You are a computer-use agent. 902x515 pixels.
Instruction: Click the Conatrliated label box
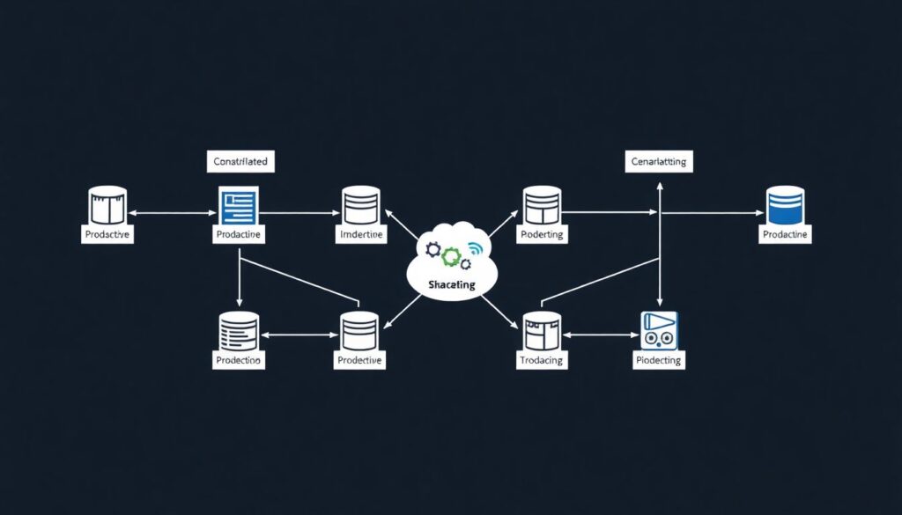240,161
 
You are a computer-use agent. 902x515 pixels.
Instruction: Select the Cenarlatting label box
660,162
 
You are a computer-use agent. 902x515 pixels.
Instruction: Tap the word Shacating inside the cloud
451,284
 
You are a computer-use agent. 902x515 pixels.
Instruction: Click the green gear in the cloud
452,256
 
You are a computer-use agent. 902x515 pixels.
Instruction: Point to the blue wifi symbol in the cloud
476,248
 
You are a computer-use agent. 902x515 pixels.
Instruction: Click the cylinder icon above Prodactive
108,205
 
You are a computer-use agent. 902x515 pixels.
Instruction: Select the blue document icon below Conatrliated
238,207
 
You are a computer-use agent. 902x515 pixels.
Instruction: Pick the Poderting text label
541,235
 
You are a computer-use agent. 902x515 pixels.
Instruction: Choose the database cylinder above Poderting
541,205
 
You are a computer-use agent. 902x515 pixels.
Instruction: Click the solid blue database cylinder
785,205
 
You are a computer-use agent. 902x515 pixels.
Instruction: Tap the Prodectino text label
238,361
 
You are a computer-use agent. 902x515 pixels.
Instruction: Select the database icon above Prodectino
238,331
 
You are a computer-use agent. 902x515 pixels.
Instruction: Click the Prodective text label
359,361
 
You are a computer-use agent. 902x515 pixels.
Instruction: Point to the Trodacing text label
541,361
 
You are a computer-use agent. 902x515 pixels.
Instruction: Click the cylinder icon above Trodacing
541,331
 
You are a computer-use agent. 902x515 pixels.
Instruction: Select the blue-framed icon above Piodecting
659,332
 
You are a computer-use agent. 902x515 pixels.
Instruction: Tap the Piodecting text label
659,361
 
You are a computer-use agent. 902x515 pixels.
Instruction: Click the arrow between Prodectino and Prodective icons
299,335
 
